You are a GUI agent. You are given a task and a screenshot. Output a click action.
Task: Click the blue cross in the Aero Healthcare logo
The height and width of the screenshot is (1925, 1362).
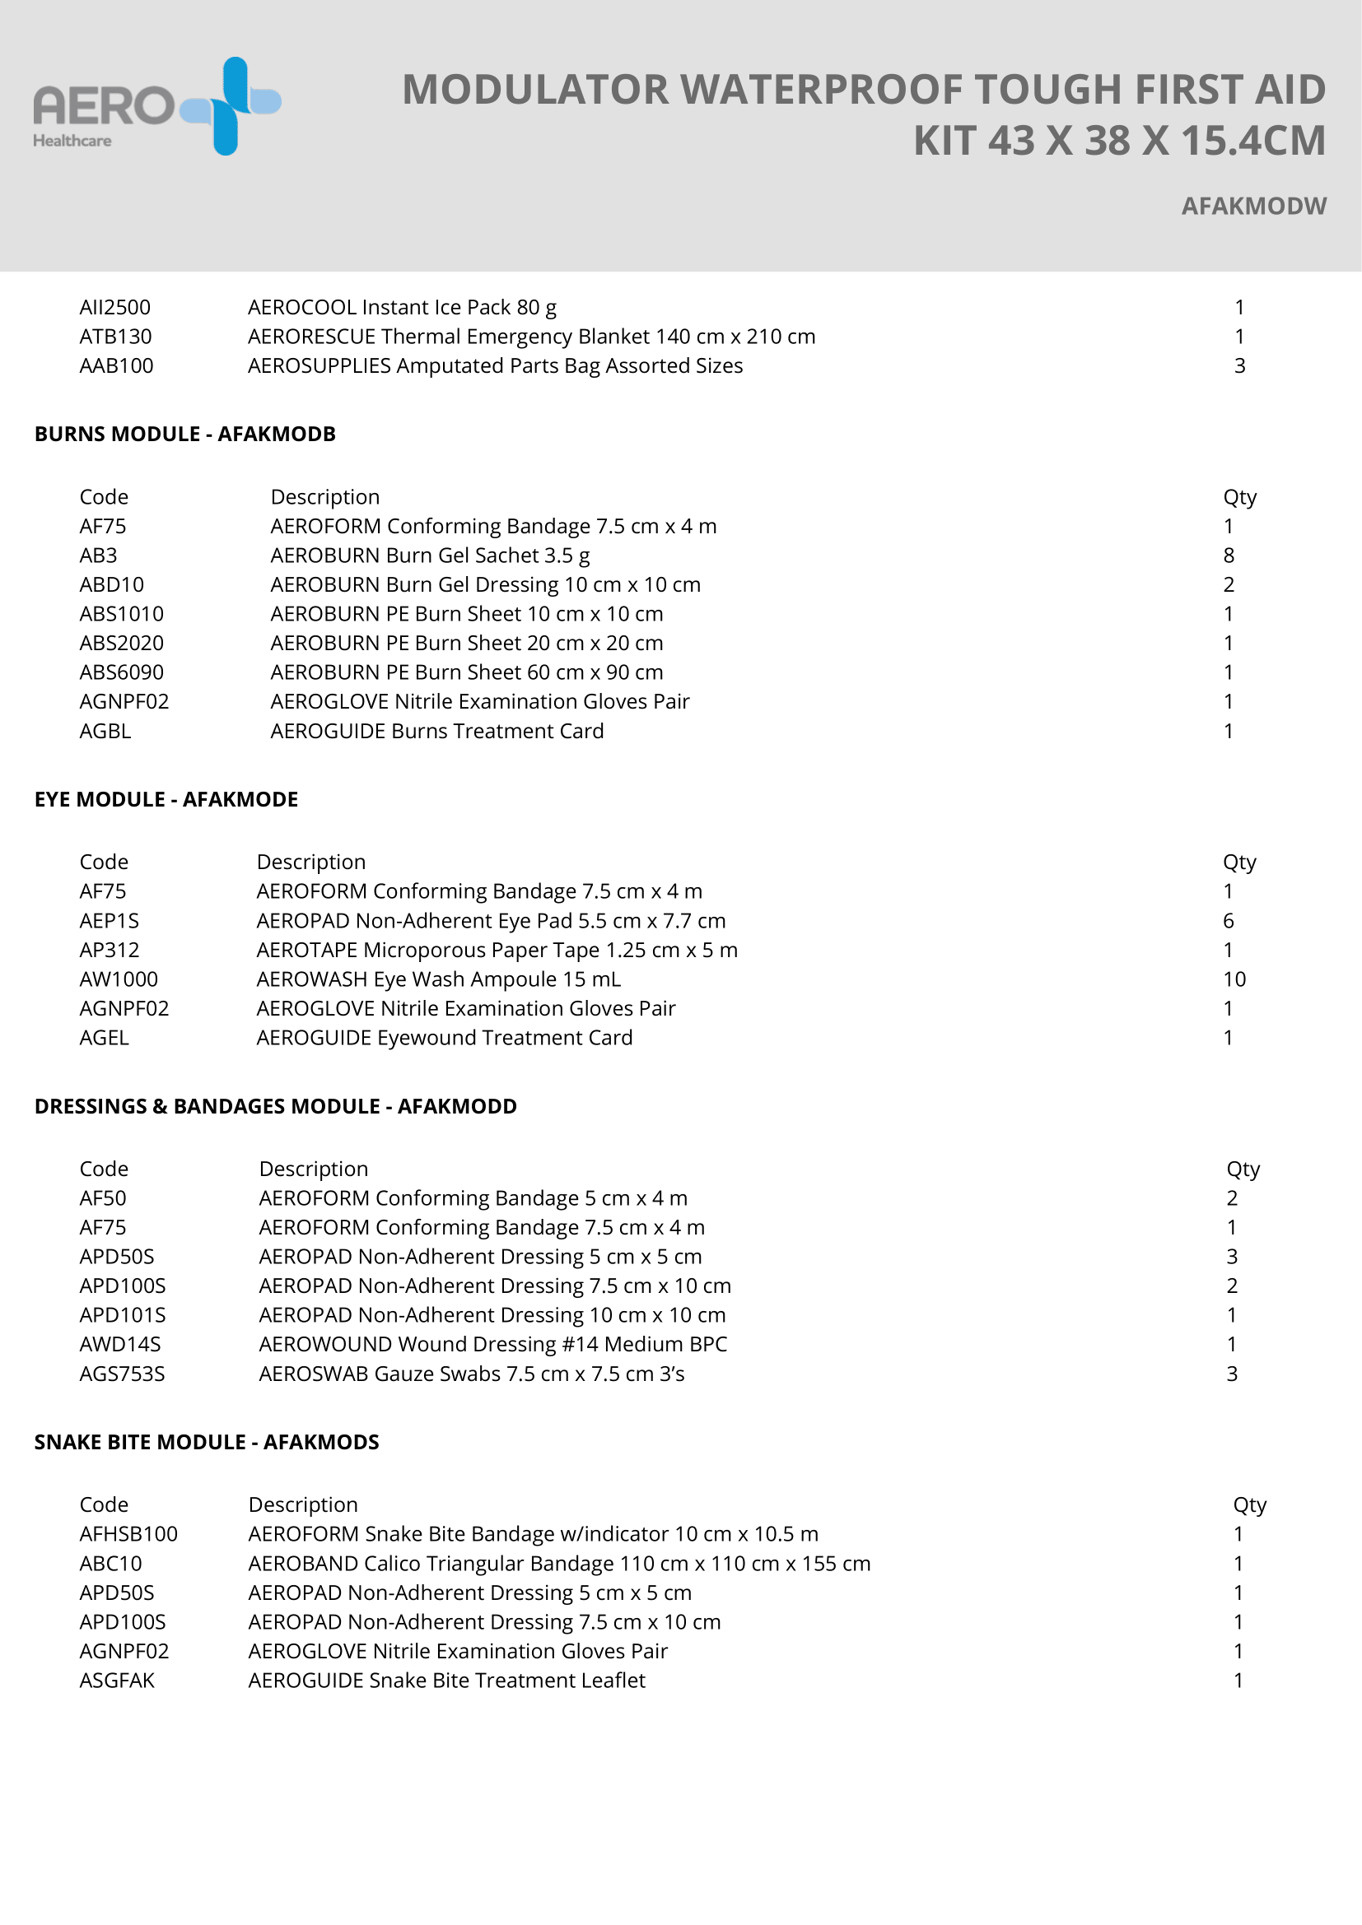[231, 105]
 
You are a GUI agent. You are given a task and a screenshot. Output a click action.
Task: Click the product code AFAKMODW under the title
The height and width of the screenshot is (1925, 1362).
[1253, 207]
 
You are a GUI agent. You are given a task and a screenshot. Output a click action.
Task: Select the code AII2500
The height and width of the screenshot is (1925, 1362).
[115, 308]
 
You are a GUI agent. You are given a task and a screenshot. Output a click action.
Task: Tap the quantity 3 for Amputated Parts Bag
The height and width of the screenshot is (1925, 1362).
[1238, 366]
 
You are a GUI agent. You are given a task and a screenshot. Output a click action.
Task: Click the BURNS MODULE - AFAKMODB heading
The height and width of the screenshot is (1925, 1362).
[184, 435]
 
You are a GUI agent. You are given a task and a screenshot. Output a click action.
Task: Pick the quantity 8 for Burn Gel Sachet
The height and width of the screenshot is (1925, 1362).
[1228, 556]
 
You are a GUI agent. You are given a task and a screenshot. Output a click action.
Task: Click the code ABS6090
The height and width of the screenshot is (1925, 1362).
[122, 672]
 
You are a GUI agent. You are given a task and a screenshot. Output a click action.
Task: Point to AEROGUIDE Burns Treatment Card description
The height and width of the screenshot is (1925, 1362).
[436, 731]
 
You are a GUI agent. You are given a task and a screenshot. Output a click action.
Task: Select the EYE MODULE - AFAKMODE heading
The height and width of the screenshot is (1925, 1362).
[166, 800]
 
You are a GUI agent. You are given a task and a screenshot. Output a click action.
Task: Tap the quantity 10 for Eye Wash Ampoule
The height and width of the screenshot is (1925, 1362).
[1234, 979]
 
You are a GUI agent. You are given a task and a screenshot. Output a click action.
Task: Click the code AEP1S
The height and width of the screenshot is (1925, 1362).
[109, 922]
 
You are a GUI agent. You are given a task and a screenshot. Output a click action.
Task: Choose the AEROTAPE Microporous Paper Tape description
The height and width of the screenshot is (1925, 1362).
[497, 951]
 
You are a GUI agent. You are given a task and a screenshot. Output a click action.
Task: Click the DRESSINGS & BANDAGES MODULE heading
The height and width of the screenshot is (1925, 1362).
[275, 1107]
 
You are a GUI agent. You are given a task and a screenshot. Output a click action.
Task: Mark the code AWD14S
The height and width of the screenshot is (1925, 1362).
[120, 1345]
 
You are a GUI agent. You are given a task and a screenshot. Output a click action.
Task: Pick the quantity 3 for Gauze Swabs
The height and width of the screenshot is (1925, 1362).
[1231, 1374]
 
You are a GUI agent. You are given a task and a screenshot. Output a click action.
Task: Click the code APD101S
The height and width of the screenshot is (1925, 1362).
[123, 1315]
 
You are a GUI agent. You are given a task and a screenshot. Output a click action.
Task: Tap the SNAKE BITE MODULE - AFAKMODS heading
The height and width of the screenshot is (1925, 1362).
[207, 1442]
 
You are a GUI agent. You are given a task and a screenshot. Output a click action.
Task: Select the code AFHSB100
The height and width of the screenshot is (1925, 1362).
[128, 1534]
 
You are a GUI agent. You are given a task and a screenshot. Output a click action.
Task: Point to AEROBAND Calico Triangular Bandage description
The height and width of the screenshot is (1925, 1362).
[558, 1564]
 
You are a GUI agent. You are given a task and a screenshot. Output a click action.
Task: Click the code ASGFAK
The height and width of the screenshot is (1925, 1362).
[117, 1681]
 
